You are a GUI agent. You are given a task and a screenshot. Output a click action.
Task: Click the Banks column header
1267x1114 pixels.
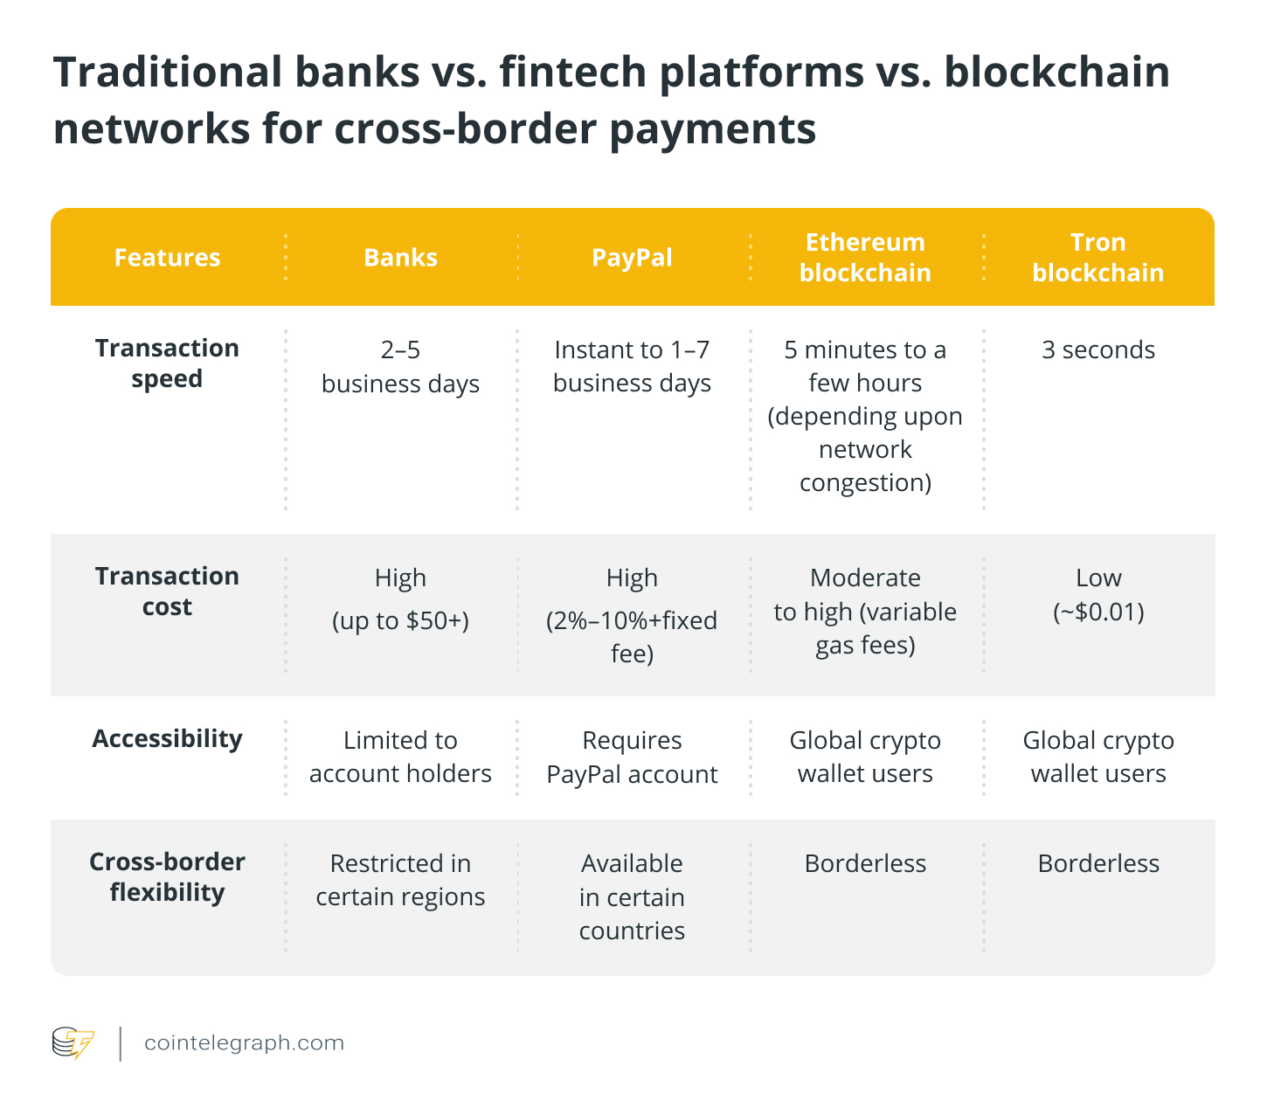[x=400, y=258]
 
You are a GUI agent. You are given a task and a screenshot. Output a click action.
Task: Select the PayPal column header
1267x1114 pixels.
[x=632, y=258]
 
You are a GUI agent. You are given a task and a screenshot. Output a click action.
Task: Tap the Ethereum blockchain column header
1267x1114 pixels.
[x=865, y=258]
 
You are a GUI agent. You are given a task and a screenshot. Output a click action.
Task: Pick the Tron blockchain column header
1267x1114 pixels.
[x=1098, y=258]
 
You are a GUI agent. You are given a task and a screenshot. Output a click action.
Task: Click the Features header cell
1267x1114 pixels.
[x=167, y=258]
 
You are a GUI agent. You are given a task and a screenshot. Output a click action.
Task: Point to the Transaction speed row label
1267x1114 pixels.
[x=167, y=363]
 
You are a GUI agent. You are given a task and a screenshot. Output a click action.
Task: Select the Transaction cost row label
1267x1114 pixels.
[x=167, y=592]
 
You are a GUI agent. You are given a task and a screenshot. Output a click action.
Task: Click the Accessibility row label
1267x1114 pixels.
[x=167, y=739]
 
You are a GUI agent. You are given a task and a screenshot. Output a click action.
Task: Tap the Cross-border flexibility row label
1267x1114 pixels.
[x=167, y=877]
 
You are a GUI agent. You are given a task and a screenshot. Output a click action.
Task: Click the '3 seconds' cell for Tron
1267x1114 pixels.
[x=1098, y=350]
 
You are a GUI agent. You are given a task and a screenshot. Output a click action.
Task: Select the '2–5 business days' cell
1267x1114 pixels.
[x=400, y=367]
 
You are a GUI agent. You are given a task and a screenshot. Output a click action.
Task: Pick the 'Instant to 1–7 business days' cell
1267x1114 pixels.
[x=632, y=367]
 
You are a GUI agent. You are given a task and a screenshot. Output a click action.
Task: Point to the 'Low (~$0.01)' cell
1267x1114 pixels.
[x=1098, y=594]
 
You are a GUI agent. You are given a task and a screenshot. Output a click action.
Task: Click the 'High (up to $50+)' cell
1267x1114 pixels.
[x=400, y=599]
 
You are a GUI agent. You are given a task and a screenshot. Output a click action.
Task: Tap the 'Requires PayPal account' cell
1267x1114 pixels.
[x=632, y=757]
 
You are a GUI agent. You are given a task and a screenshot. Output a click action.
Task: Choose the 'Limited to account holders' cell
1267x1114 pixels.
[x=400, y=757]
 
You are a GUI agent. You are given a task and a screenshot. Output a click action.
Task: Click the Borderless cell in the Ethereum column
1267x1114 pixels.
[x=865, y=864]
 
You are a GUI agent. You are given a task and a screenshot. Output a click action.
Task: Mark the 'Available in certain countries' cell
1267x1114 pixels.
[x=632, y=897]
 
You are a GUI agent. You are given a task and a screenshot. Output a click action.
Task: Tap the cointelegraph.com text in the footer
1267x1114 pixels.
[x=244, y=1043]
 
